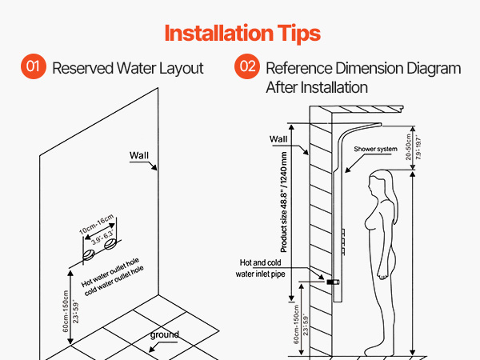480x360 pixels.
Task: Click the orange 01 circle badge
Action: pyautogui.click(x=34, y=66)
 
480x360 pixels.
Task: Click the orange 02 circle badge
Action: pyautogui.click(x=247, y=66)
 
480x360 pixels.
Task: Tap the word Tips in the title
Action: pyautogui.click(x=298, y=34)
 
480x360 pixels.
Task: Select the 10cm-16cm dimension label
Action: pyautogui.click(x=97, y=224)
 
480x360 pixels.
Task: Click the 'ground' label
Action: pyautogui.click(x=164, y=334)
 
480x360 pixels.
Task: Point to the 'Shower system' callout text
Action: pyautogui.click(x=375, y=149)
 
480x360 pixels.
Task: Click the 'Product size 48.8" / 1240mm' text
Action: pyautogui.click(x=284, y=202)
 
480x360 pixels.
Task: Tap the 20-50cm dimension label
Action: pyautogui.click(x=408, y=147)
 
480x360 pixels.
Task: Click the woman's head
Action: pyautogui.click(x=380, y=183)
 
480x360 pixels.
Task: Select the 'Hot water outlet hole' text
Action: pyautogui.click(x=110, y=272)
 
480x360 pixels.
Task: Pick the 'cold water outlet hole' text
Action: pyautogui.click(x=114, y=281)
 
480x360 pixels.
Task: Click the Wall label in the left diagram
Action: pyautogui.click(x=139, y=155)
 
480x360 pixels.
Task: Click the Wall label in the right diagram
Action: pyautogui.click(x=278, y=139)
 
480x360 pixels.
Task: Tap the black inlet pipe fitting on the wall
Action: pyautogui.click(x=333, y=282)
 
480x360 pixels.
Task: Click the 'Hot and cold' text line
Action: pyautogui.click(x=260, y=262)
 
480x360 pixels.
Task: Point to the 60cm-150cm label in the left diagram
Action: pyautogui.click(x=66, y=311)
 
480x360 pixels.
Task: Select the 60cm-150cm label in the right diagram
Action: pyautogui.click(x=296, y=324)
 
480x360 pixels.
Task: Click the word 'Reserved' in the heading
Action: pyautogui.click(x=82, y=68)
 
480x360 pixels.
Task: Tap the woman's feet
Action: pyautogui.click(x=378, y=350)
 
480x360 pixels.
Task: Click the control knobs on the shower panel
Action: pyautogui.click(x=343, y=242)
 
